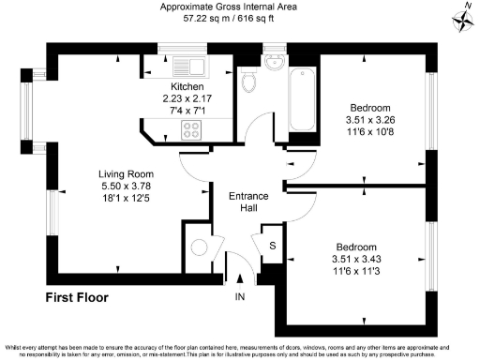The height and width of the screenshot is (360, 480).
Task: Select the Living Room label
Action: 127,174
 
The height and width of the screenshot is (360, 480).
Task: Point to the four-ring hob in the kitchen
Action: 192,130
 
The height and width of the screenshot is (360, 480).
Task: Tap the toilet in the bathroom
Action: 248,82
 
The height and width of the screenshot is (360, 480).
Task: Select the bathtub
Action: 303,99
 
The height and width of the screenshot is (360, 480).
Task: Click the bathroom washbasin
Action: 274,63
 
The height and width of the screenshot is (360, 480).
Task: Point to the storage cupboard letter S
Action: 272,246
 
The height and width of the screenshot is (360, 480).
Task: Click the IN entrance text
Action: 240,298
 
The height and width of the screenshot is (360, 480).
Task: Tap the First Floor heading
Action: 77,298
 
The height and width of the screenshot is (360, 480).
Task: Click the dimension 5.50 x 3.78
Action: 127,186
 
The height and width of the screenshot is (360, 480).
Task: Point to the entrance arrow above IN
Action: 240,278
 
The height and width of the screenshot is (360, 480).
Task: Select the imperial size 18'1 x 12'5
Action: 127,197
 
